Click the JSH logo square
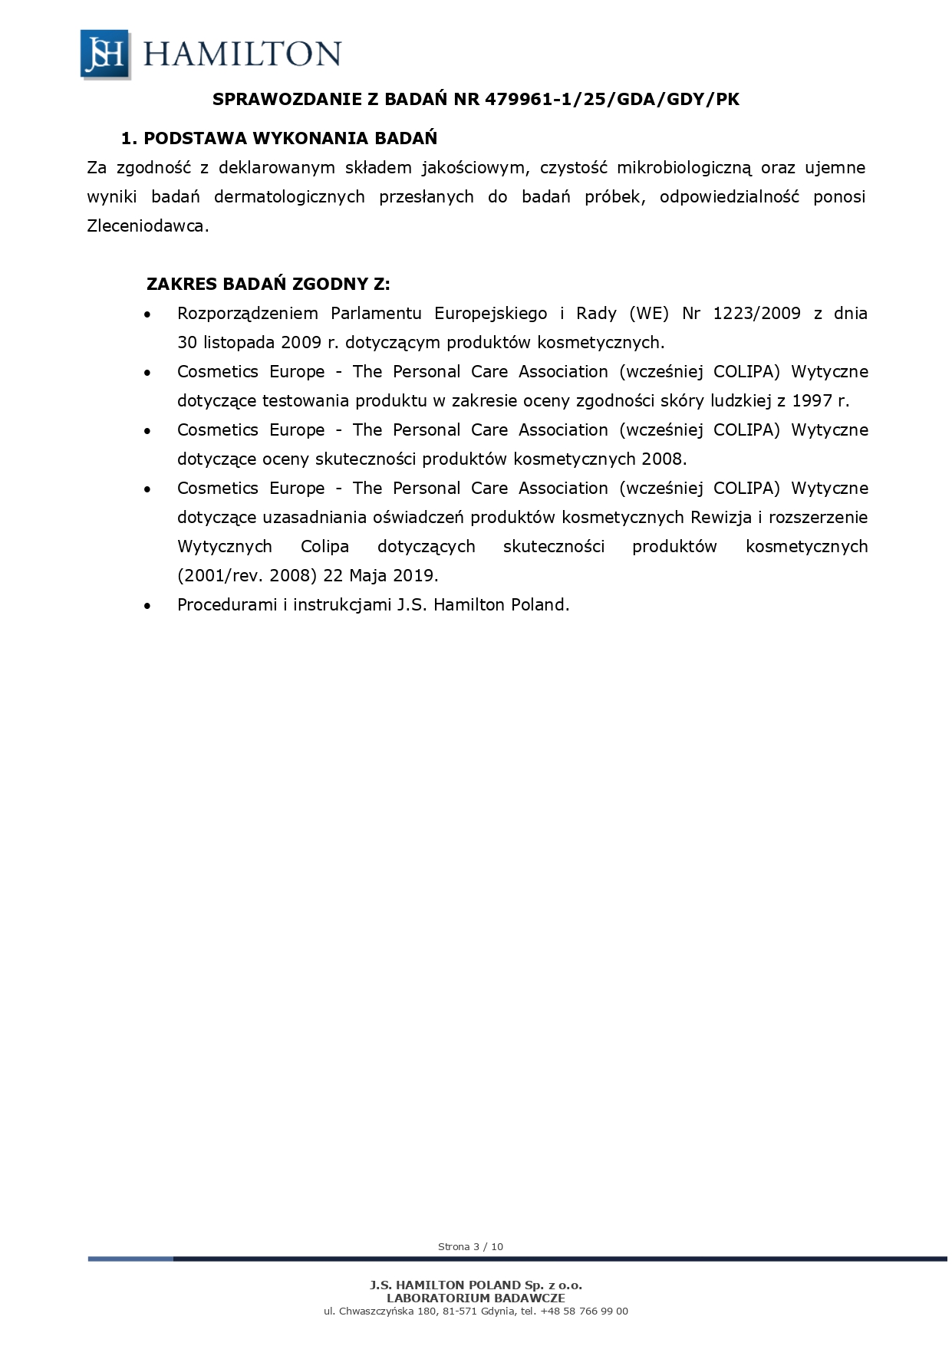click(x=105, y=54)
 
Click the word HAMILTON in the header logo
click(x=242, y=54)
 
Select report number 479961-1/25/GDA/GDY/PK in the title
click(x=612, y=99)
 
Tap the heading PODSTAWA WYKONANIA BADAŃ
click(x=290, y=139)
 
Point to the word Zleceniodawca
click(x=147, y=226)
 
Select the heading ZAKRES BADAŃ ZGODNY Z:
click(x=268, y=284)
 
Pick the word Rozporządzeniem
click(x=248, y=314)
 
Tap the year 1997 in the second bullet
click(x=812, y=401)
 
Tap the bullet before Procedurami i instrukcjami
click(x=147, y=606)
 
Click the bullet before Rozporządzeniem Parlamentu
click(x=147, y=314)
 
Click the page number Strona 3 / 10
click(x=470, y=1246)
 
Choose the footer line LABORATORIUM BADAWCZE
click(x=476, y=1298)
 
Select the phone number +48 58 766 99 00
click(x=584, y=1311)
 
